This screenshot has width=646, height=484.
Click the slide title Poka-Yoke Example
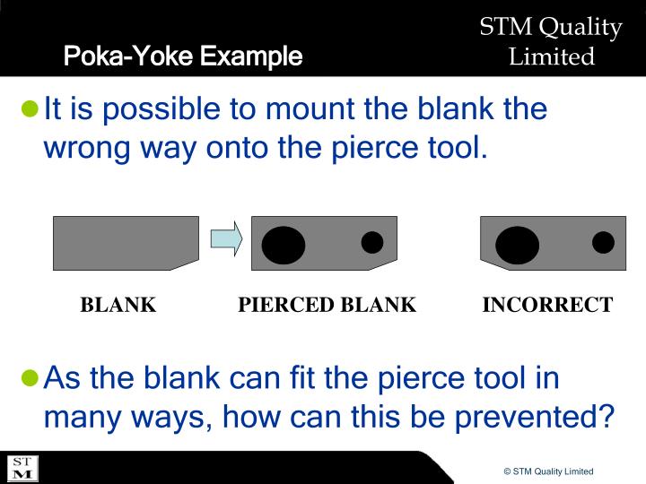[182, 56]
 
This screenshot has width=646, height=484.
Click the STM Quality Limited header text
[551, 42]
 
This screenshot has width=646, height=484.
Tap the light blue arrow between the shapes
[226, 239]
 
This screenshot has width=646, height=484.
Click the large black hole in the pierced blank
[284, 245]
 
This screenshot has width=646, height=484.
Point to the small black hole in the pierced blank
[371, 242]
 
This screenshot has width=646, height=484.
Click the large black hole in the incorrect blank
[518, 246]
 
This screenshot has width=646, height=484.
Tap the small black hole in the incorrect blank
[603, 242]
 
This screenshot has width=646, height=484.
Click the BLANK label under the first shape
[118, 305]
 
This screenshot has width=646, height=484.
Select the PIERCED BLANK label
[327, 305]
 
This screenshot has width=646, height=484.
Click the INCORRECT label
[547, 305]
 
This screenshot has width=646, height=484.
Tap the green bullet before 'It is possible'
[31, 110]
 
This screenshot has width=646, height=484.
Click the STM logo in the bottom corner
[22, 468]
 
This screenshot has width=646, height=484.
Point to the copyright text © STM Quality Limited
[548, 471]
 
